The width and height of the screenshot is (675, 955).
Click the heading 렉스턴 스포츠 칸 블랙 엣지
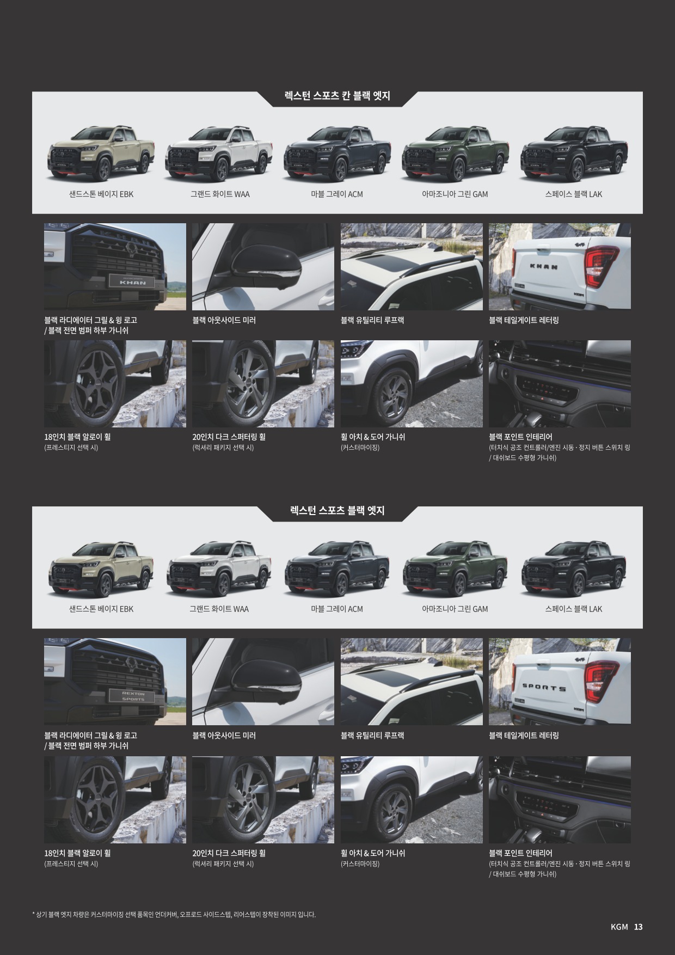[337, 96]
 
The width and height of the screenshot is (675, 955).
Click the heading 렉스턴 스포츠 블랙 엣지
[337, 511]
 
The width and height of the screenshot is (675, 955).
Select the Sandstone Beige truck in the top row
[101, 154]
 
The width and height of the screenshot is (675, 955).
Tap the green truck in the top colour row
[456, 154]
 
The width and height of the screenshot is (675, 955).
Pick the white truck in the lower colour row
[219, 568]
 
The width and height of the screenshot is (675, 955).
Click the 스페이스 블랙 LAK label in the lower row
[574, 609]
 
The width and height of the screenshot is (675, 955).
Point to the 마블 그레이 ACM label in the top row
[337, 194]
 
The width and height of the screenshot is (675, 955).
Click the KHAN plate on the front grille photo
[133, 281]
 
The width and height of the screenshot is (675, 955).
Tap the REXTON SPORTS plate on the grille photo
[133, 696]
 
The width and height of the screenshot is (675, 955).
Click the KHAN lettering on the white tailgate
[544, 267]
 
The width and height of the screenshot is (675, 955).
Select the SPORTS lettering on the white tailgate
[544, 688]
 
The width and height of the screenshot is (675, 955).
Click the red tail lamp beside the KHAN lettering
[600, 267]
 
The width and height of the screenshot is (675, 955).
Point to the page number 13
[638, 927]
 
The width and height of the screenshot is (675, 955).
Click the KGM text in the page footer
[619, 927]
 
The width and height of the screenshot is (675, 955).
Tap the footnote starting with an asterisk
[174, 914]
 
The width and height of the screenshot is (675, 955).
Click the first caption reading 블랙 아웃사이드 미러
[224, 320]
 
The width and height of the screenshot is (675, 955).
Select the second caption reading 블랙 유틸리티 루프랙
[372, 736]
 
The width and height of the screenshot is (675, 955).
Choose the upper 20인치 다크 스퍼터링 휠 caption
[229, 437]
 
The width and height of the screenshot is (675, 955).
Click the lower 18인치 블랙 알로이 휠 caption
[77, 853]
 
